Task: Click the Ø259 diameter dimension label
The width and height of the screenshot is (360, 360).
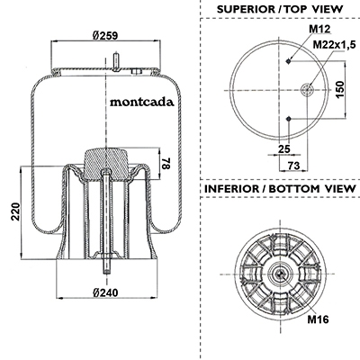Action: (x=105, y=36)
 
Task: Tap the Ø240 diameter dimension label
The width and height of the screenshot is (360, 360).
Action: (x=105, y=292)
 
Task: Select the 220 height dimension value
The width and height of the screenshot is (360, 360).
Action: (x=15, y=211)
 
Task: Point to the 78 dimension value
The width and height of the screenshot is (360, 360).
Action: (x=166, y=163)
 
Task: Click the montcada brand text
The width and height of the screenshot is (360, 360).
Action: (x=142, y=102)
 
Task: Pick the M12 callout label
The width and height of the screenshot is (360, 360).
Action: (x=319, y=29)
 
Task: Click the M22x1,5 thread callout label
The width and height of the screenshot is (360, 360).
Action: (x=334, y=45)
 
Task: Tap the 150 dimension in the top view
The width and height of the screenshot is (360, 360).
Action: (x=340, y=89)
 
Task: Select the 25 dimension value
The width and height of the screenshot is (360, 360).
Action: (x=284, y=148)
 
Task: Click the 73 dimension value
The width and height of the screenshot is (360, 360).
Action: (x=293, y=166)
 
